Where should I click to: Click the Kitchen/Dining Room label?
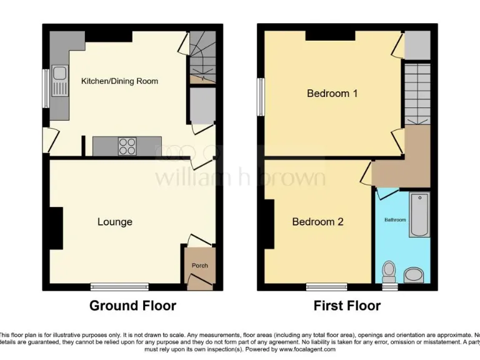click(119, 81)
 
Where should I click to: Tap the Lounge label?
click(115, 222)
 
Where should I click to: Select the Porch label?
click(200, 266)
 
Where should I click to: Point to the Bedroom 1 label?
click(332, 94)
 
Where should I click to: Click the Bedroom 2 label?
click(317, 222)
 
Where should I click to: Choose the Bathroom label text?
click(395, 220)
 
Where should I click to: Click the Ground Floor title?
click(132, 306)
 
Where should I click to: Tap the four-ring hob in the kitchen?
click(127, 146)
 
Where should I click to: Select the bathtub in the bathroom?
click(419, 215)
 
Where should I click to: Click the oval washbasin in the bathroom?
click(413, 275)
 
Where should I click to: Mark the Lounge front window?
click(119, 287)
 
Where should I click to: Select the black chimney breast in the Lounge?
click(56, 228)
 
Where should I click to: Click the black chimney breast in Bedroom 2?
click(269, 225)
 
